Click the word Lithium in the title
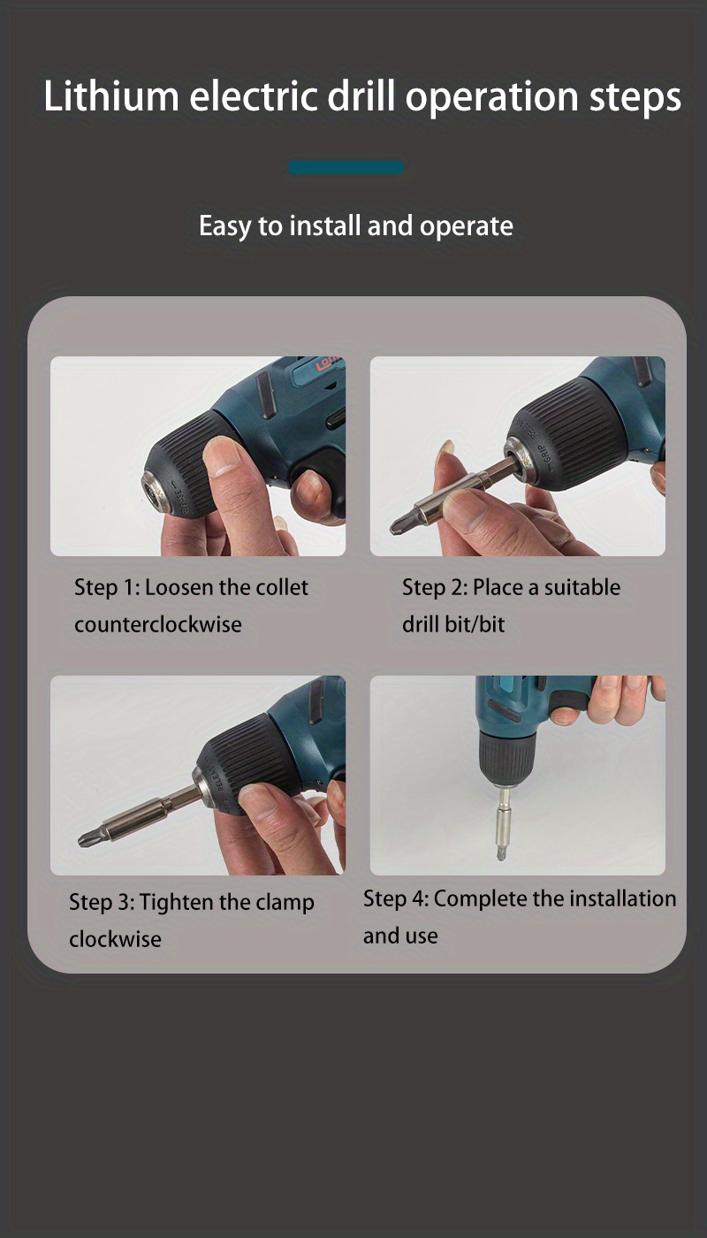click(110, 96)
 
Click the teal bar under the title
click(346, 167)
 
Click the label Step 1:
click(107, 587)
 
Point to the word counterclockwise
click(157, 624)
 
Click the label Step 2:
click(435, 587)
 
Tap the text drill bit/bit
click(453, 624)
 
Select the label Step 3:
click(102, 903)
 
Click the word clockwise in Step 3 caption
click(115, 939)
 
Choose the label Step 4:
click(396, 898)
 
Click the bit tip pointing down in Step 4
click(501, 853)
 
